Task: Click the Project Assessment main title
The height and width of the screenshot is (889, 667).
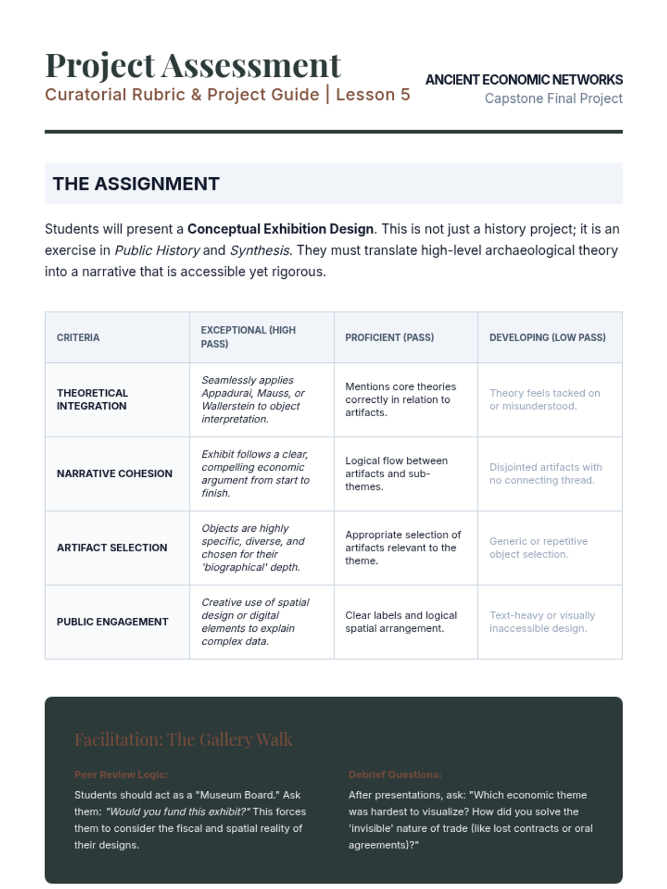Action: pyautogui.click(x=192, y=66)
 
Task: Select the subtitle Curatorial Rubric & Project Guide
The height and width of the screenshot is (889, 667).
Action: pyautogui.click(x=182, y=95)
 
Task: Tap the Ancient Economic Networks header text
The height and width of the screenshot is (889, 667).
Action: pyautogui.click(x=524, y=80)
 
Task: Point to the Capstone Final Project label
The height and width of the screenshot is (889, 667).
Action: pyautogui.click(x=553, y=98)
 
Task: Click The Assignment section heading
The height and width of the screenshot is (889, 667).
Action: pyautogui.click(x=136, y=184)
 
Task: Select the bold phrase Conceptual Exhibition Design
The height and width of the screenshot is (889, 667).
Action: pyautogui.click(x=280, y=229)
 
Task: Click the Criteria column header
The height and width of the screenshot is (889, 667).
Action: pyautogui.click(x=78, y=337)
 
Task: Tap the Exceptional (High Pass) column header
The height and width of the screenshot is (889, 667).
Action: pyautogui.click(x=248, y=337)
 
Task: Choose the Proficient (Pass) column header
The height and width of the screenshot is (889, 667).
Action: pyautogui.click(x=389, y=337)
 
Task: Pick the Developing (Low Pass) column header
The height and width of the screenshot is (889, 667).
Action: pyautogui.click(x=547, y=337)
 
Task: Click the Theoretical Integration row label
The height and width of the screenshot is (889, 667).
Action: pyautogui.click(x=92, y=399)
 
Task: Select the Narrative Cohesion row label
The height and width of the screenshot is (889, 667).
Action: pyautogui.click(x=114, y=473)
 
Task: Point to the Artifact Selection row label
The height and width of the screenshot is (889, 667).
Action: pyautogui.click(x=112, y=547)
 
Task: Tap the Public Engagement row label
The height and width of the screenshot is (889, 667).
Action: pyautogui.click(x=112, y=622)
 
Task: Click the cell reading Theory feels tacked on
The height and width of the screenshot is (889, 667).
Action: pyautogui.click(x=544, y=399)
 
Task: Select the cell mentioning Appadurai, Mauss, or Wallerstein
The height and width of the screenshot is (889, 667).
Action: pyautogui.click(x=253, y=399)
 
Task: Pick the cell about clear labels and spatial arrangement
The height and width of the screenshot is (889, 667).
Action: pyautogui.click(x=401, y=622)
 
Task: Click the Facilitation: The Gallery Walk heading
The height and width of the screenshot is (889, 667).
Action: pyautogui.click(x=183, y=739)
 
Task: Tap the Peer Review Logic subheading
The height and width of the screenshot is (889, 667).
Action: pyautogui.click(x=121, y=775)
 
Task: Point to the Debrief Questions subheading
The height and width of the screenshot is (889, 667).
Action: pyautogui.click(x=395, y=775)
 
